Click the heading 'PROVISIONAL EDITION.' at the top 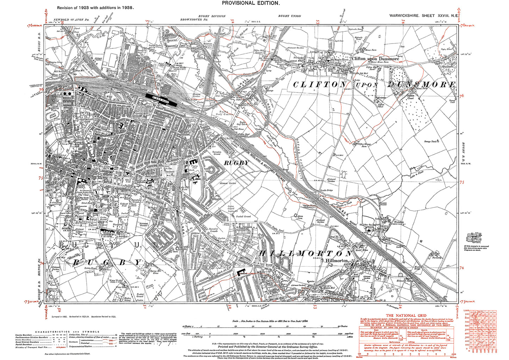tap(251, 3)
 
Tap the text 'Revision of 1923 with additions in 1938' tap(95, 7)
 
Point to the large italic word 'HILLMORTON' tap(305, 254)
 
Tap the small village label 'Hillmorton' tap(337, 260)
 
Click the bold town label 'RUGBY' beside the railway tap(236, 163)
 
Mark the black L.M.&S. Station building tap(161, 99)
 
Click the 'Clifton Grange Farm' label tap(364, 145)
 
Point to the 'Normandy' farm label tap(436, 257)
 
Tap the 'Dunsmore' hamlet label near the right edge tap(448, 66)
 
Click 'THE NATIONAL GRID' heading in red tap(406, 316)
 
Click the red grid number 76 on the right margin tap(462, 95)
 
